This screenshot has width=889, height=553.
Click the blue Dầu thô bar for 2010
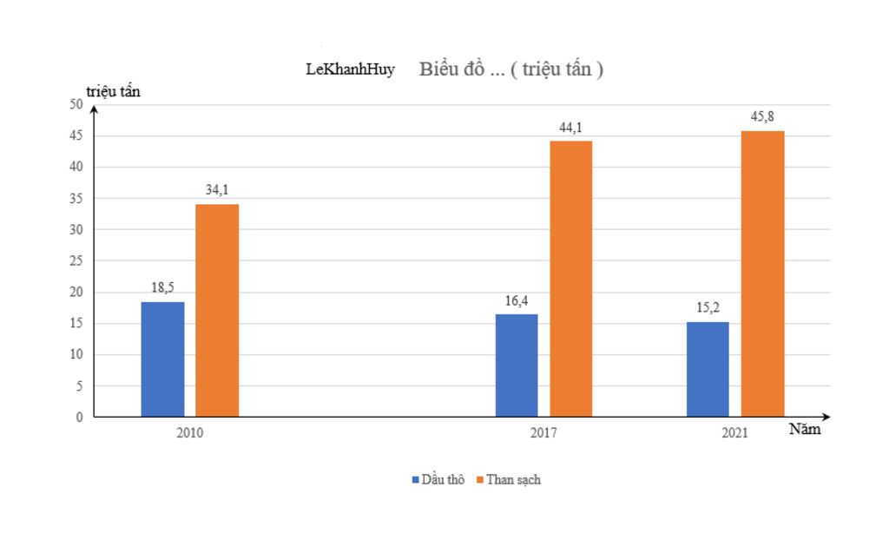point(162,359)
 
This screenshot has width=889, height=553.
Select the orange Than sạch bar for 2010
point(217,310)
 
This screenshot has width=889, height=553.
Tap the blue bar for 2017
point(517,365)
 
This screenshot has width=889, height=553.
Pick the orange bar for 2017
point(571,279)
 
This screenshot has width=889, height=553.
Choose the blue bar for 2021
point(708,369)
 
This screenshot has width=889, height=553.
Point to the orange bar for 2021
point(762,273)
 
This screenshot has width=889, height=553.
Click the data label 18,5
point(162,288)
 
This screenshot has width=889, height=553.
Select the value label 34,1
point(217,190)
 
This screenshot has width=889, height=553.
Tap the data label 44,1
point(570,128)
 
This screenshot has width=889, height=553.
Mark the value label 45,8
point(762,116)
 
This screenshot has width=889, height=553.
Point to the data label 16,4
point(517,301)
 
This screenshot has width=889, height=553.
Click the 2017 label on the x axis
point(543,433)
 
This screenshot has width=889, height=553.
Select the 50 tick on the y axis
point(76,104)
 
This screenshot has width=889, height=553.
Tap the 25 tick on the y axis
point(76,260)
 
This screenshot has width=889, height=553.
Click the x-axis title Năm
point(805,430)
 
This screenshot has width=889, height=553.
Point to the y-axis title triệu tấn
point(113,90)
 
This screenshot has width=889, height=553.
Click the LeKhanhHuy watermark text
point(350,69)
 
